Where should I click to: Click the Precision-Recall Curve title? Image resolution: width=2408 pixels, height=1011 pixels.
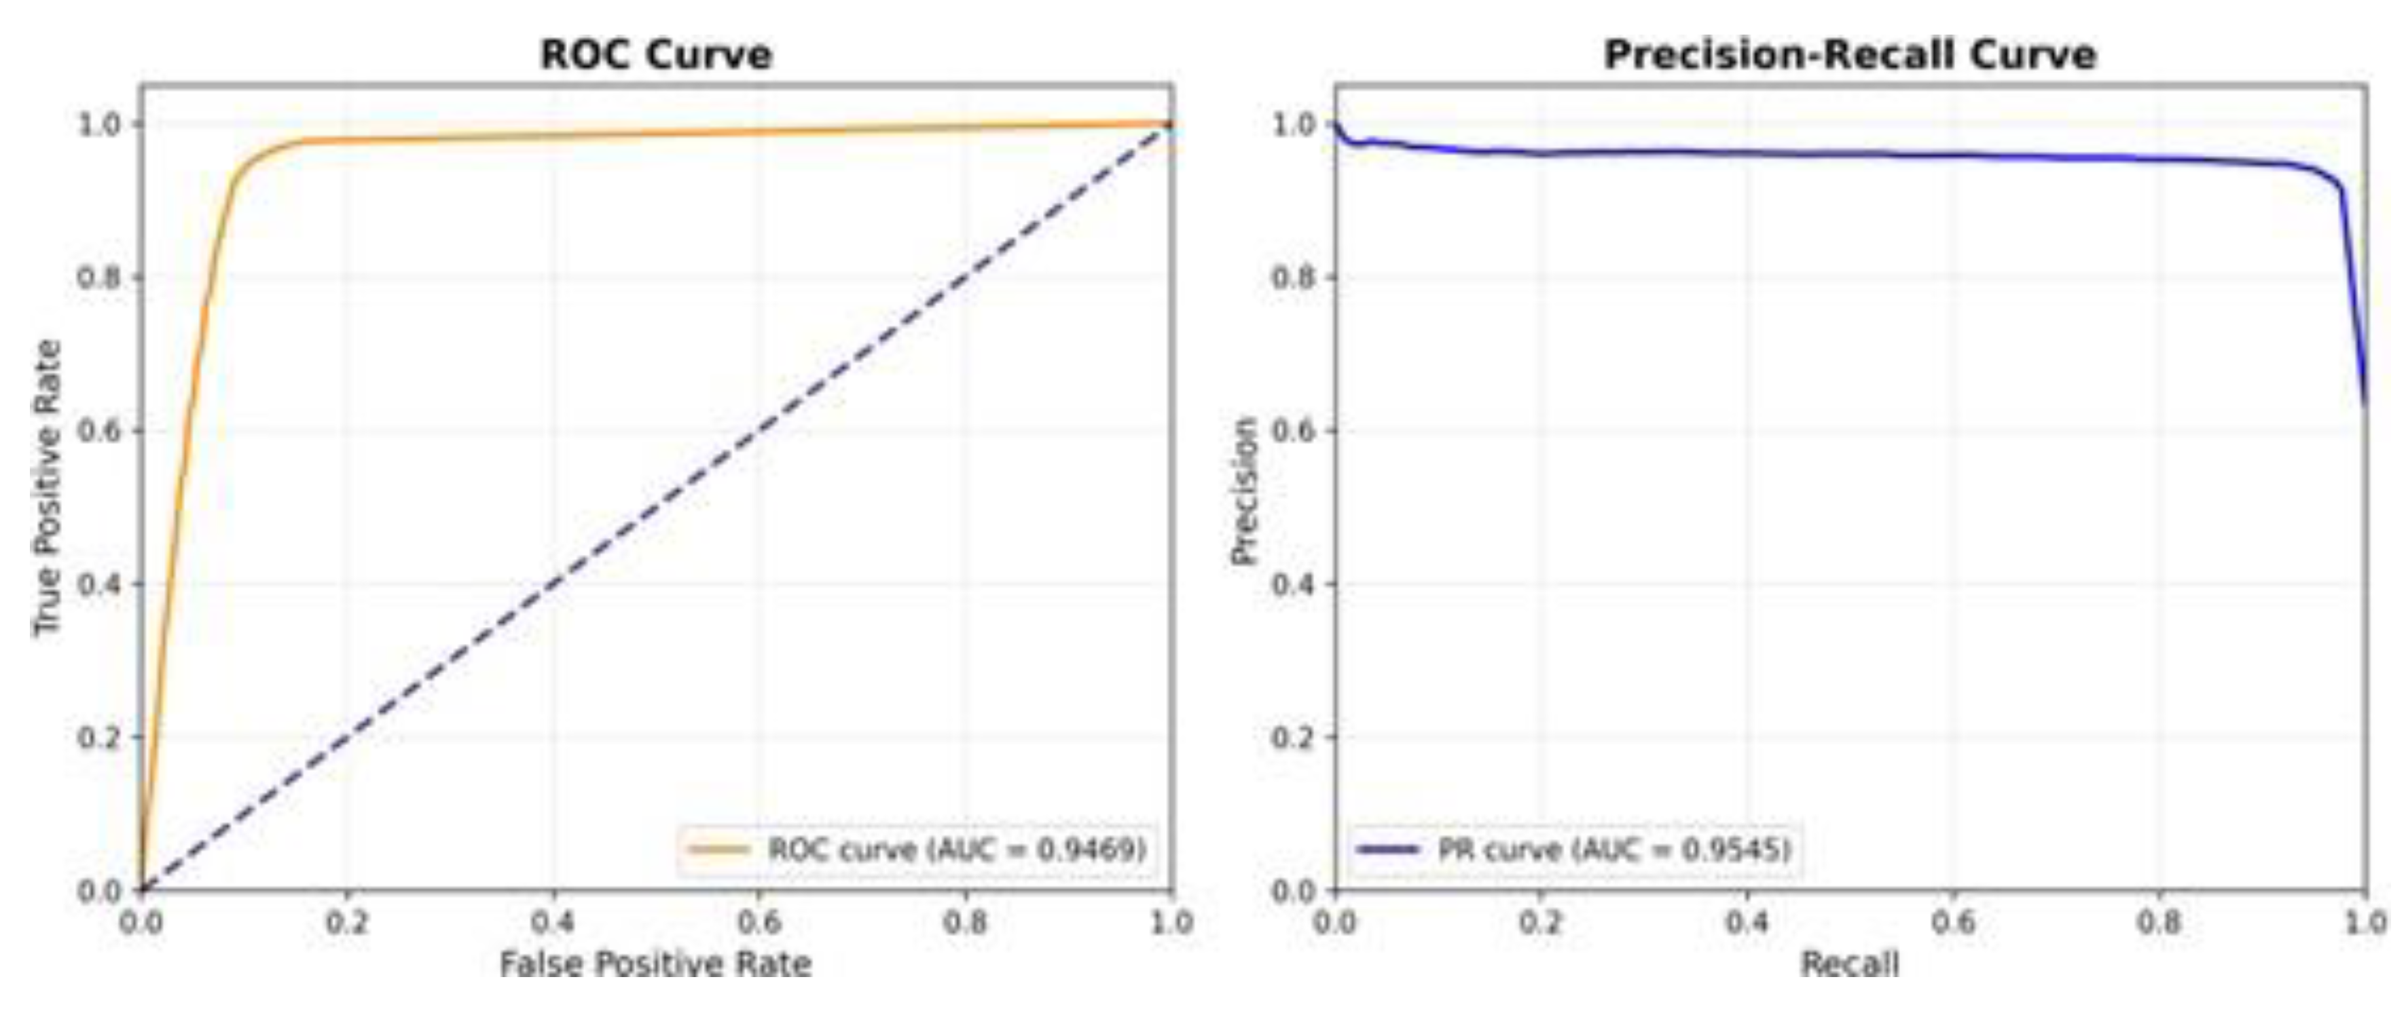(1850, 54)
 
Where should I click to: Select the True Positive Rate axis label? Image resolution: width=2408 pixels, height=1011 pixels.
(47, 488)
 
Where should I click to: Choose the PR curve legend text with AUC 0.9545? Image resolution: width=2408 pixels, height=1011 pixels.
(1614, 850)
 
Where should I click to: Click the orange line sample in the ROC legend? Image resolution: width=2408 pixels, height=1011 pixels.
(718, 850)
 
